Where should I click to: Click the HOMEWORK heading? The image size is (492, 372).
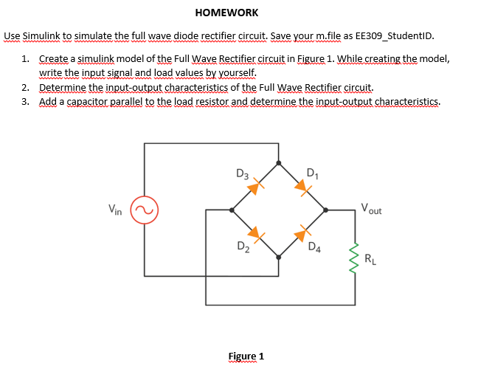click(x=226, y=13)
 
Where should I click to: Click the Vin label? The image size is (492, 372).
click(x=116, y=209)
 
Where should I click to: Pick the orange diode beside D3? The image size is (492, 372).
click(x=254, y=187)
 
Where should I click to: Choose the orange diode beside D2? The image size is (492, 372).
click(x=254, y=235)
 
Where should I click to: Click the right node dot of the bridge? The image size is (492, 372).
click(x=326, y=210)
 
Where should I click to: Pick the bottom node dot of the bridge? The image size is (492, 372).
click(x=278, y=258)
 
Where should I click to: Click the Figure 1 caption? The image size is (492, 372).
click(x=246, y=356)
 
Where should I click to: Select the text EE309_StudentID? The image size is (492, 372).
click(x=395, y=35)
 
